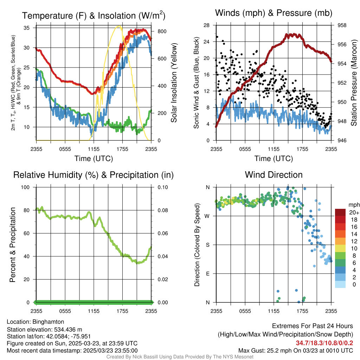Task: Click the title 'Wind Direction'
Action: coord(274,175)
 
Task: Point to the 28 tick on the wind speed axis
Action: coord(207,25)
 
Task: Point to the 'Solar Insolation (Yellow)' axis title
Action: coord(174,83)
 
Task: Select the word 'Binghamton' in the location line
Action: coord(49,322)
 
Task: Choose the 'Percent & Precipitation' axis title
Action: coord(12,245)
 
